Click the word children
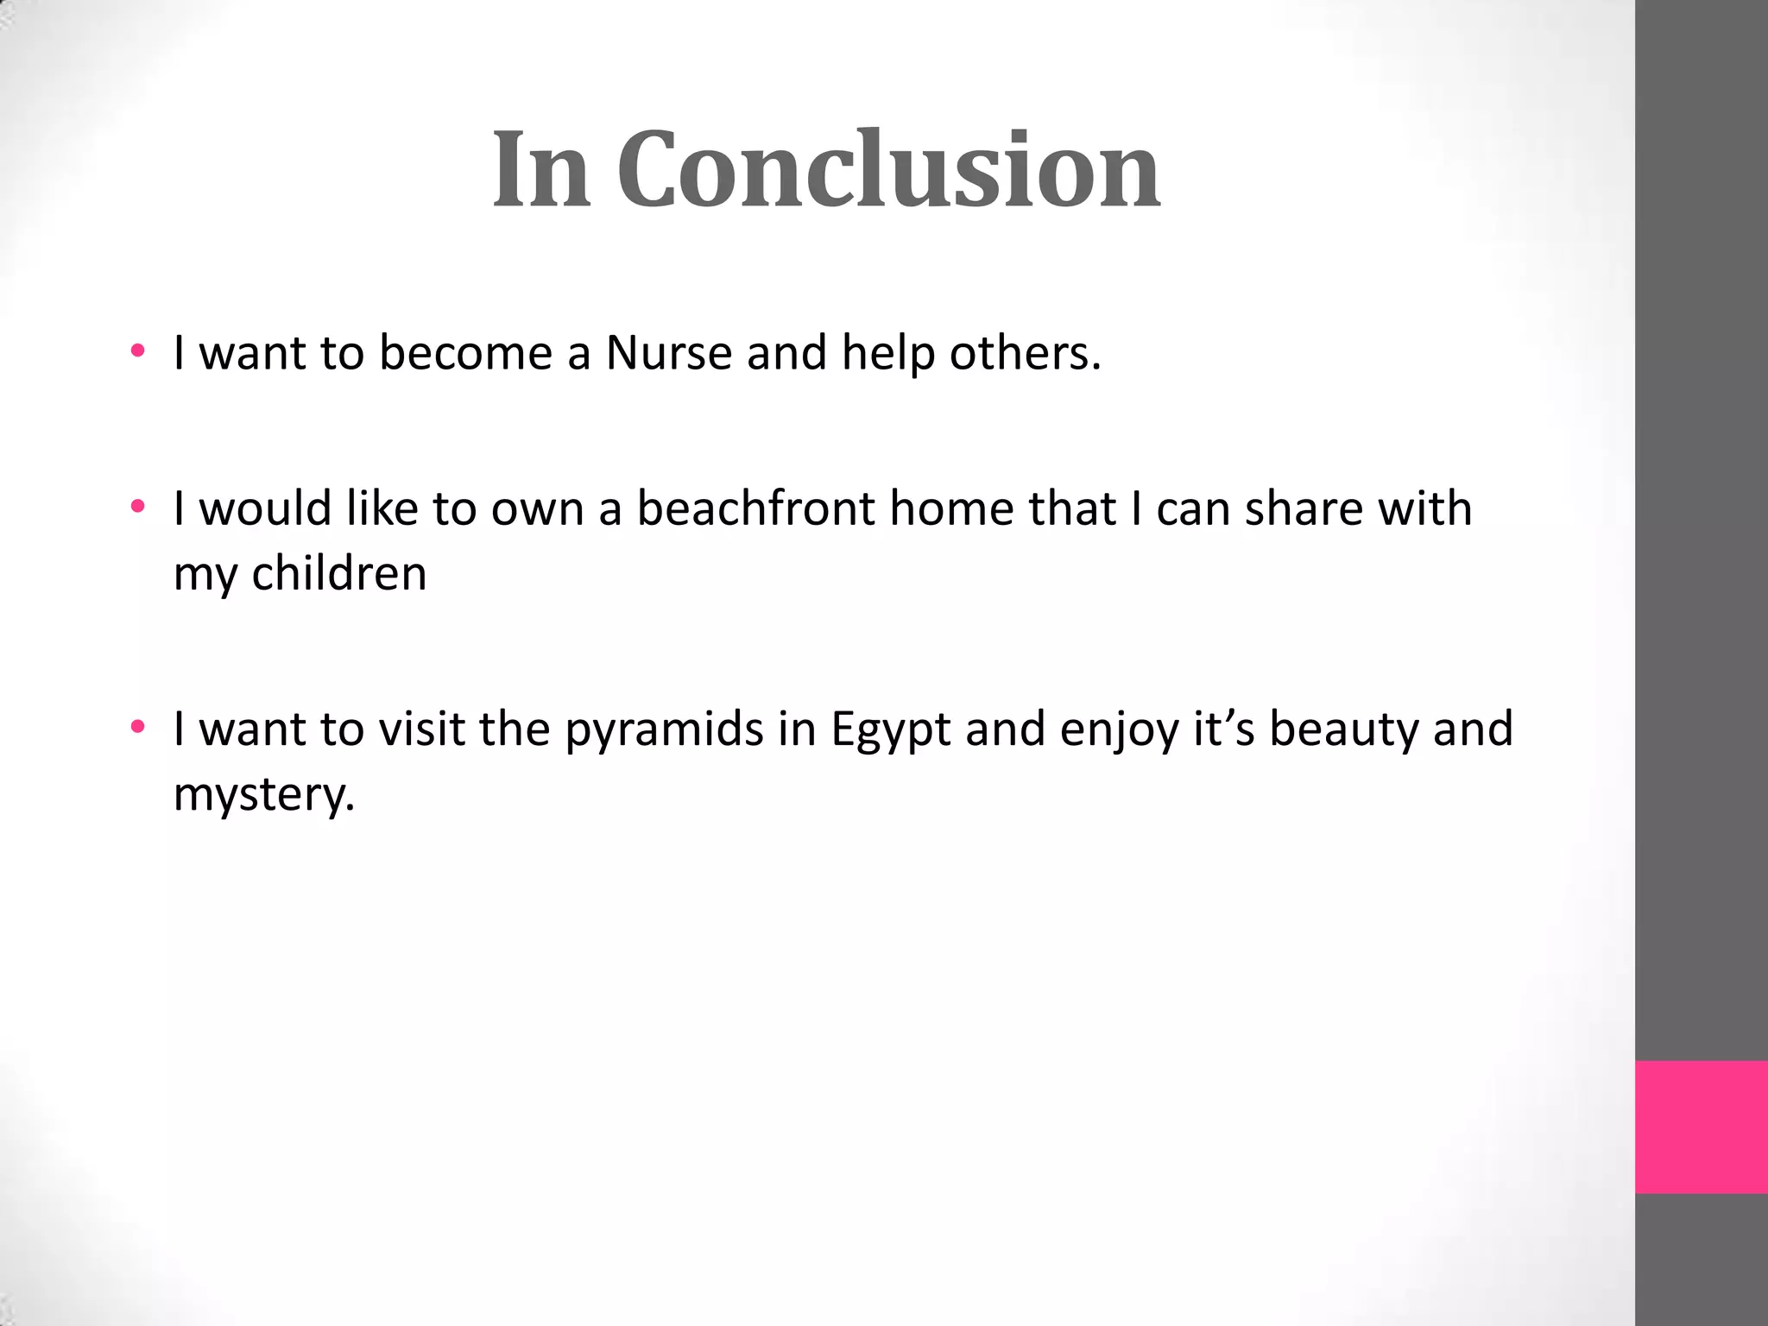tap(338, 573)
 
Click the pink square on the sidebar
tap(1701, 1127)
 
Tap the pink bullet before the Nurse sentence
tap(137, 351)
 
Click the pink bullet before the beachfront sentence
tap(137, 507)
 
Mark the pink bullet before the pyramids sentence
tap(137, 728)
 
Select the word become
tap(465, 352)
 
